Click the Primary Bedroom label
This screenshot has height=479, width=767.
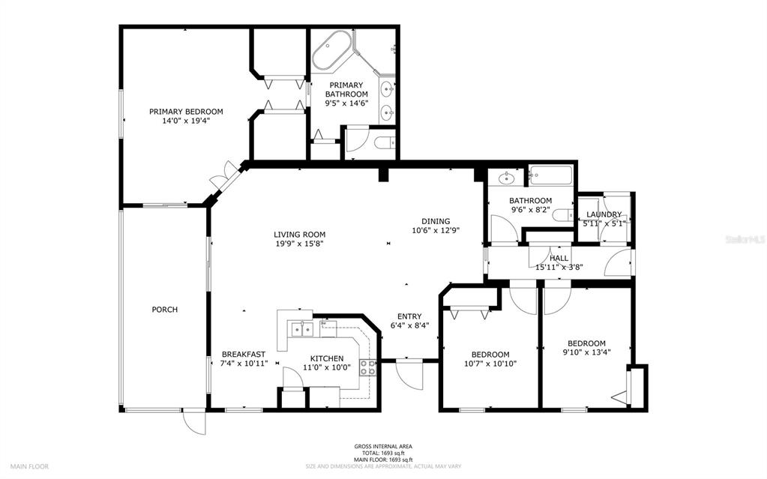(185, 112)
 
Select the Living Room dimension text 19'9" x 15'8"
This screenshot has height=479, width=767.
(299, 244)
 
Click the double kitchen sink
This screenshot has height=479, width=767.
(302, 328)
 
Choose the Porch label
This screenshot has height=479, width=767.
(164, 310)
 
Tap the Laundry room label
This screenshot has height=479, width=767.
(604, 214)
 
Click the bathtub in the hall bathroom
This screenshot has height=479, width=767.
(550, 177)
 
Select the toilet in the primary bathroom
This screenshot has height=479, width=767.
(384, 144)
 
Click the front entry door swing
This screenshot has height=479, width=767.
(410, 373)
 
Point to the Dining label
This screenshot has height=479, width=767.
(435, 221)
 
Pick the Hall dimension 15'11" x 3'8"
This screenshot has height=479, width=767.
(559, 267)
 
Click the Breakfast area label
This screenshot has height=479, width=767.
(243, 355)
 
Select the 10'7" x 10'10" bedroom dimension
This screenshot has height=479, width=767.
(490, 364)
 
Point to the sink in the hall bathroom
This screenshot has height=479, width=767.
(507, 178)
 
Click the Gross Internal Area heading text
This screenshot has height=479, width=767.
(382, 447)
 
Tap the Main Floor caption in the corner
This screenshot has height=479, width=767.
(29, 466)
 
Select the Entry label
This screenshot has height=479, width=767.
(409, 316)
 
